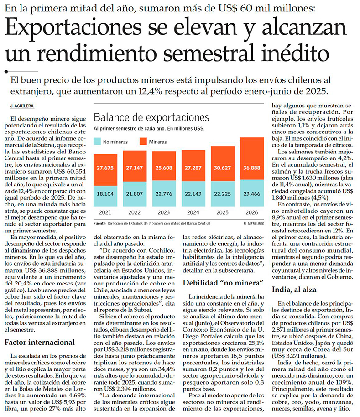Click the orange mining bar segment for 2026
pos(252,159)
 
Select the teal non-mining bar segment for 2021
pos(105,196)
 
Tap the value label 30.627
pos(222,168)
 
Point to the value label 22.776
pos(164,194)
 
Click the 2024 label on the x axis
pos(193,212)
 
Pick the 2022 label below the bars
pos(135,212)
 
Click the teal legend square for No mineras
pos(97,142)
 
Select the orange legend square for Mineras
pos(143,142)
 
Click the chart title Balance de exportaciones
pos(151,117)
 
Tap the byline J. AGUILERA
pos(22,106)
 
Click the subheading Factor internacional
pos(40,342)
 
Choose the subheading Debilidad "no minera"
pos(223,283)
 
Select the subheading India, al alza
pos(294,290)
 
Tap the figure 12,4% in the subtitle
pos(151,91)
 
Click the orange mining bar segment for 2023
pos(164,166)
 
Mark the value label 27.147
pos(135,168)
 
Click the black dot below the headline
pos(6,71)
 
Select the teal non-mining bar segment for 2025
pos(223,194)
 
